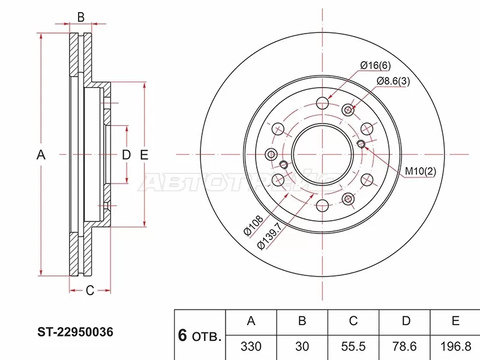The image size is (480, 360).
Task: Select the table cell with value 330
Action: pyautogui.click(x=251, y=346)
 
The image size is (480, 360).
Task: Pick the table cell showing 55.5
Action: pyautogui.click(x=353, y=346)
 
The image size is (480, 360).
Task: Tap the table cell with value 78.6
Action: pyautogui.click(x=406, y=346)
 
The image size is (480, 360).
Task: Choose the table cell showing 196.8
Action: pyautogui.click(x=455, y=346)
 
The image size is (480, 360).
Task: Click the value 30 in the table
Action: pyautogui.click(x=302, y=346)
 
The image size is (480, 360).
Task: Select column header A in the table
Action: pyautogui.click(x=251, y=322)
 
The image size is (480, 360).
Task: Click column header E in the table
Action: pyautogui.click(x=455, y=322)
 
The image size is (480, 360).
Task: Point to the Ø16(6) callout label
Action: pyautogui.click(x=375, y=65)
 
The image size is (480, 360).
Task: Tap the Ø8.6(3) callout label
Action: pyautogui.click(x=393, y=81)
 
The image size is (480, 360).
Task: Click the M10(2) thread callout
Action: pyautogui.click(x=419, y=172)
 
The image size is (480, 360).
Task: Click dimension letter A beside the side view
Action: pyautogui.click(x=41, y=155)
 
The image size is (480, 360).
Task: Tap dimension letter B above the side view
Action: pyautogui.click(x=80, y=17)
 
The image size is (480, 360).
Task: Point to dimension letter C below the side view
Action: pyautogui.click(x=89, y=291)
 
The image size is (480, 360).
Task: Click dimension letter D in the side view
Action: pyautogui.click(x=126, y=155)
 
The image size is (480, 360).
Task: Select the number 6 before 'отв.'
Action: pyautogui.click(x=182, y=335)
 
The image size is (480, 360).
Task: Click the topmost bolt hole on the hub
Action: pyautogui.click(x=323, y=102)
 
